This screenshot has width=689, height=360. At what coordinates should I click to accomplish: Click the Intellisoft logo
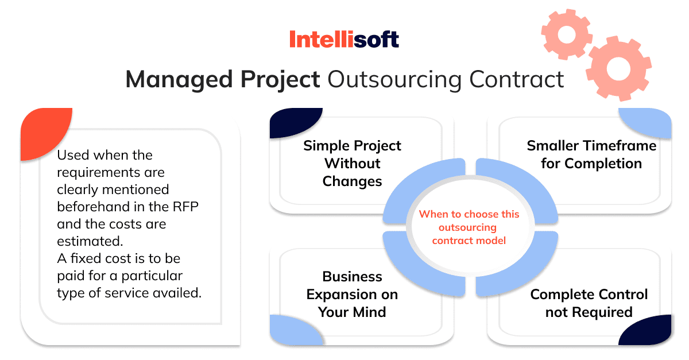point(344,39)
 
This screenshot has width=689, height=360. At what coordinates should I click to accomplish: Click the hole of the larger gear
point(618,68)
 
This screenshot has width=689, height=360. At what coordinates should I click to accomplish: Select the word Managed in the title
point(179,80)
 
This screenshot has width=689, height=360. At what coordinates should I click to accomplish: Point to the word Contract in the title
point(516,79)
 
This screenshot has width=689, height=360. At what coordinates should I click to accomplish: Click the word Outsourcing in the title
point(394,80)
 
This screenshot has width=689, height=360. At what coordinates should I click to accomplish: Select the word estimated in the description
point(90,241)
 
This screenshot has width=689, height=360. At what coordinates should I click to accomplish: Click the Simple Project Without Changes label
point(352,164)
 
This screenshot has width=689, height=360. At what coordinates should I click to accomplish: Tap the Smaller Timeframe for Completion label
point(591,154)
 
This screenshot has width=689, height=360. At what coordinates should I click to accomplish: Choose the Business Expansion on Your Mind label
point(352,294)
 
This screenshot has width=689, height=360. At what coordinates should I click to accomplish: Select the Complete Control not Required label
point(589,303)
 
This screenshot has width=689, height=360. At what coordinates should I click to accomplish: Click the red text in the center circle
point(469,227)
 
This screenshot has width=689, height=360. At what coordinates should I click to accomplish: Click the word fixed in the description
point(86,258)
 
